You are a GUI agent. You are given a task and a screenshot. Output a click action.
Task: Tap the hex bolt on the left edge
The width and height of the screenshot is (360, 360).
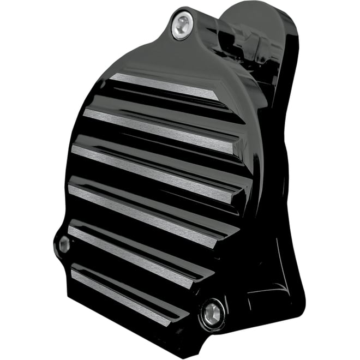tap(63, 245)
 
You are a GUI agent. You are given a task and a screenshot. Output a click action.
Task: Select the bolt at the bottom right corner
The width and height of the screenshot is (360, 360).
tap(213, 313)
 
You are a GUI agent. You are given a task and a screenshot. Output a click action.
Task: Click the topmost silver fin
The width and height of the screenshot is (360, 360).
tap(164, 87)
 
